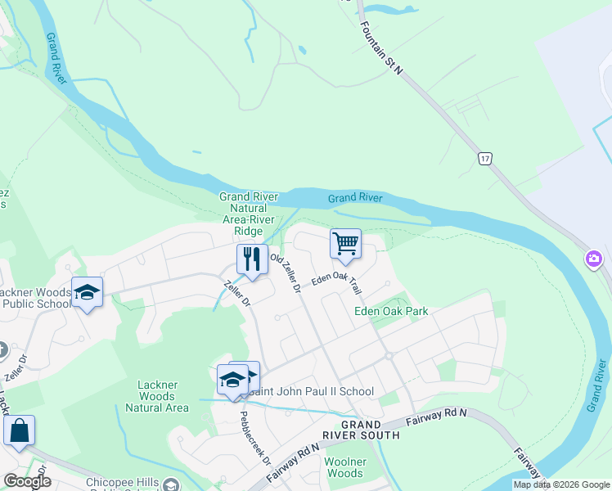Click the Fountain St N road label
click(x=381, y=43)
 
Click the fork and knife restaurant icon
click(x=252, y=259)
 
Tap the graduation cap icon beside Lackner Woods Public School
click(x=87, y=292)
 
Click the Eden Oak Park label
click(x=391, y=311)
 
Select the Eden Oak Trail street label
click(x=336, y=283)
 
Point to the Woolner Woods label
click(x=344, y=468)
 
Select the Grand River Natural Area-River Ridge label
click(x=249, y=214)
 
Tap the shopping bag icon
click(x=19, y=430)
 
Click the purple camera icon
click(x=593, y=259)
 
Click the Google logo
click(x=27, y=481)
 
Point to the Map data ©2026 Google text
click(x=560, y=484)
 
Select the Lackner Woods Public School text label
click(x=36, y=298)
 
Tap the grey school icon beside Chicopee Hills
click(x=171, y=485)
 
